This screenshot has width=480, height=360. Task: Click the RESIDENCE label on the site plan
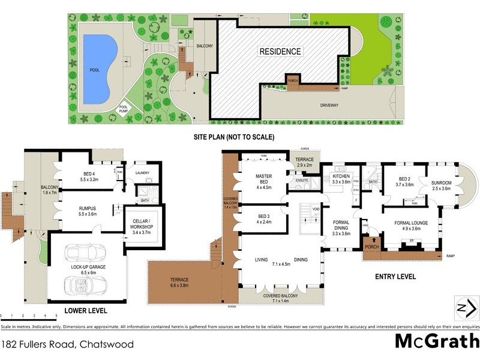(280, 52)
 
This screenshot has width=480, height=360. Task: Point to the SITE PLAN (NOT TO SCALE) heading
(234, 137)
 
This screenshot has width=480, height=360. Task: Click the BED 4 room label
(76, 176)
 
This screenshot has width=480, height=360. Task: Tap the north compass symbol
(465, 308)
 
